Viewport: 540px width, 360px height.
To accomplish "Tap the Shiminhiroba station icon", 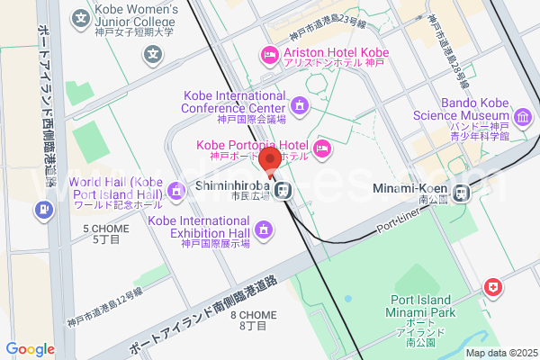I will point(284,190).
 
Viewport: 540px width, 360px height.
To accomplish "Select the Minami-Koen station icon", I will point(463,191).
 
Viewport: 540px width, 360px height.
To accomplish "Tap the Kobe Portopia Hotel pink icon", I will point(322,148).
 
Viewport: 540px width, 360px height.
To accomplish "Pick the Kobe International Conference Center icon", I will point(299,107).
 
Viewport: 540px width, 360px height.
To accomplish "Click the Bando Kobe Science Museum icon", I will point(523,116).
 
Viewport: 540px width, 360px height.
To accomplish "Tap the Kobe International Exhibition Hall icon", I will point(263,231).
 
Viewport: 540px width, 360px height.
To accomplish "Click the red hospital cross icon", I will point(493,288).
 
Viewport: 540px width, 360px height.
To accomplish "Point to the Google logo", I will point(30,349).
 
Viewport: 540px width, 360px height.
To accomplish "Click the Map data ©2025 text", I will point(500,353).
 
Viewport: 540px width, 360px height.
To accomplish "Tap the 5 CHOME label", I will point(105,234).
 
